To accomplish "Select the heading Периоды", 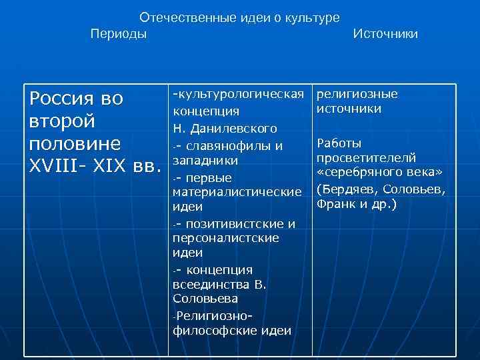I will point(119,33).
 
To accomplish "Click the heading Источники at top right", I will point(386,33).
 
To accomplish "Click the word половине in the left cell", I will point(75,145).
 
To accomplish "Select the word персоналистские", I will point(225,238).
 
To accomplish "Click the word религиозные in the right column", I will point(357,93).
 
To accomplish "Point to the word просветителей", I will point(366,157).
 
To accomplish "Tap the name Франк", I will point(335,203).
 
